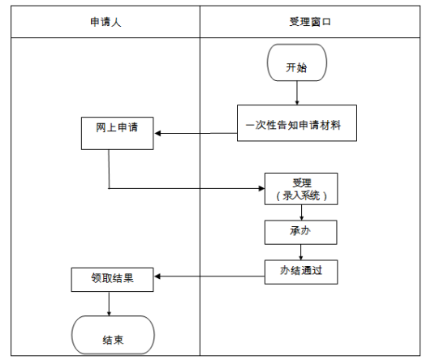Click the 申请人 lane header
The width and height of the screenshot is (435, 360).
(x=106, y=23)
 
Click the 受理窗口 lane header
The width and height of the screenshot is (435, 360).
(x=309, y=23)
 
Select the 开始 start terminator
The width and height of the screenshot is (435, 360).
(x=297, y=67)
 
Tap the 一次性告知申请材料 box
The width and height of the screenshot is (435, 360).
(x=297, y=124)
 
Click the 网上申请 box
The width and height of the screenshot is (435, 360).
(x=118, y=134)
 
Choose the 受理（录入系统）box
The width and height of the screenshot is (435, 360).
(x=301, y=189)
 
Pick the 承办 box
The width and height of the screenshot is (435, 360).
(x=301, y=232)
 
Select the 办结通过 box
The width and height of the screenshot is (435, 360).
(x=301, y=272)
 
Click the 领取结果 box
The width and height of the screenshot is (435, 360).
(x=112, y=279)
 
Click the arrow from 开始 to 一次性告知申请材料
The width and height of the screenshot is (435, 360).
(x=297, y=95)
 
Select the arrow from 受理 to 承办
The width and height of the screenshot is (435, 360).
(x=302, y=212)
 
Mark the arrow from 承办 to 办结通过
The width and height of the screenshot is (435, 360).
(x=301, y=251)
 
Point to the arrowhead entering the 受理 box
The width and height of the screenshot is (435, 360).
(x=261, y=189)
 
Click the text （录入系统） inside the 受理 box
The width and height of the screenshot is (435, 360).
(x=301, y=196)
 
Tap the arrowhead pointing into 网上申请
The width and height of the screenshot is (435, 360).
(x=159, y=134)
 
